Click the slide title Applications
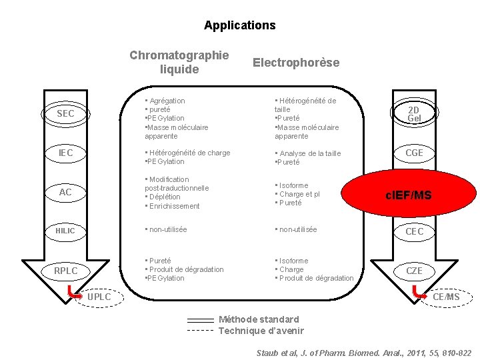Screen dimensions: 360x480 (239, 25)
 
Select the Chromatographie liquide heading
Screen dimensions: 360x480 (179, 62)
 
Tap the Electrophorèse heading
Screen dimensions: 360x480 (295, 63)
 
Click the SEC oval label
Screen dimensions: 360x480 (65, 114)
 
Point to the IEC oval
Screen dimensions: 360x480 (65, 153)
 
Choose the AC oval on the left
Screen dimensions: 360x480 (65, 193)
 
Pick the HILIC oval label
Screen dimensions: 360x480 (65, 231)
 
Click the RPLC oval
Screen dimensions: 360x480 (65, 271)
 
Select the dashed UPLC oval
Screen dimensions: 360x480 (98, 296)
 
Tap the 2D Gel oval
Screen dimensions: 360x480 (413, 114)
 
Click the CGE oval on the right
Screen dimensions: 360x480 (414, 153)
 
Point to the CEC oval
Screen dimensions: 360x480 (414, 231)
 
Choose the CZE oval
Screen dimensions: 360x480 (414, 271)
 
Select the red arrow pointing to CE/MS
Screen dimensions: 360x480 (419, 290)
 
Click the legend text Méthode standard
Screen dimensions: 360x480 (259, 319)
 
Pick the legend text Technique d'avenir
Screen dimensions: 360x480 (261, 331)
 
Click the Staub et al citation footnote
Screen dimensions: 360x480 (364, 353)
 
